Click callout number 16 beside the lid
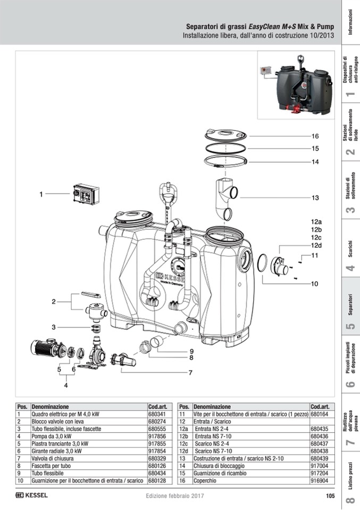tap(315, 136)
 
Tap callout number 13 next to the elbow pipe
tap(315, 198)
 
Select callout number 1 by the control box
tap(41, 195)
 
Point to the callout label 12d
tap(316, 245)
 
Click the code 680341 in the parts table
tap(157, 413)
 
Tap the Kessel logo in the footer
tap(32, 496)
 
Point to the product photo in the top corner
tap(298, 82)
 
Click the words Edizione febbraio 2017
tap(175, 496)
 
